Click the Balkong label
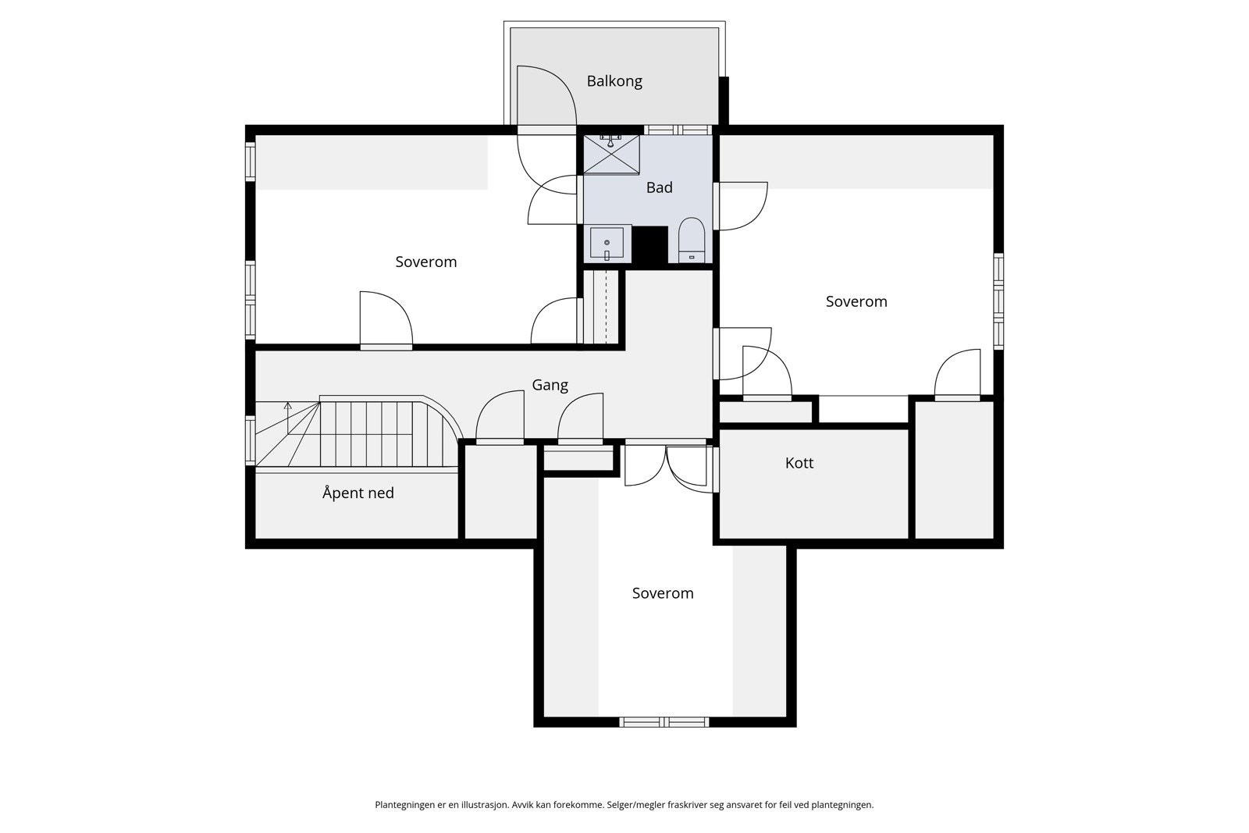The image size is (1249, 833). tap(614, 81)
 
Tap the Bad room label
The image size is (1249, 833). tap(659, 187)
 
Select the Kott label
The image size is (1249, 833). tap(799, 463)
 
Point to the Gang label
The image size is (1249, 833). tap(550, 386)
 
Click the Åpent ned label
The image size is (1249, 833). tap(358, 493)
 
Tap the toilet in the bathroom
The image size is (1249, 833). tap(692, 240)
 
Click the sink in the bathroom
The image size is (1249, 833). tap(607, 243)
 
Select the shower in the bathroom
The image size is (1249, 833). tap(612, 154)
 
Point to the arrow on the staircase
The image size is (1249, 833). tap(288, 418)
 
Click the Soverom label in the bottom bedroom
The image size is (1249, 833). tap(663, 593)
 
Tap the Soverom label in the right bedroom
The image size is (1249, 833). tap(856, 301)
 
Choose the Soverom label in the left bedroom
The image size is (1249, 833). tap(426, 262)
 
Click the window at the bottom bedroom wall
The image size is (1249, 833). tap(664, 722)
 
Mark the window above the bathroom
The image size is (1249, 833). tap(678, 130)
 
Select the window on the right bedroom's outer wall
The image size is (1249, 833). tap(998, 301)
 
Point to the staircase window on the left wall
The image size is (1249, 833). tap(251, 440)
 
